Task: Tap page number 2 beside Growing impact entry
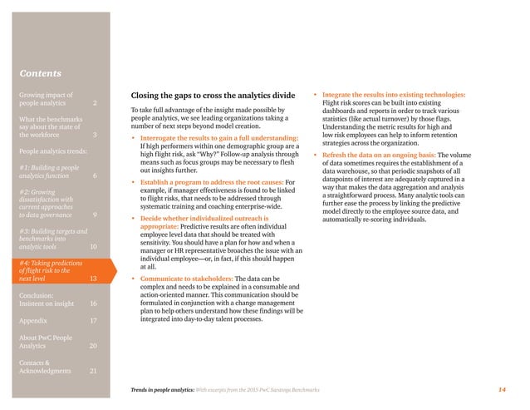point(96,104)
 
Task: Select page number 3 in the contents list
point(96,135)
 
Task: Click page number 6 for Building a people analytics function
point(96,176)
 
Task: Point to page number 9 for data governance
point(96,215)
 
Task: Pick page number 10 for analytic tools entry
point(94,247)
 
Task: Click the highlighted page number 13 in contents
point(94,279)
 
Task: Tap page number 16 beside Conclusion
point(94,304)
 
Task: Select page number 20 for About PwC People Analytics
point(94,345)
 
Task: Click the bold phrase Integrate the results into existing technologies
point(393,95)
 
